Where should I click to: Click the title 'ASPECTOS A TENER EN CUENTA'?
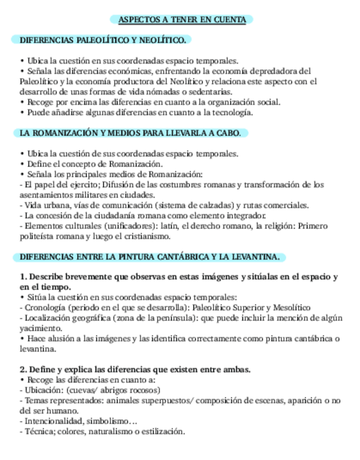182,20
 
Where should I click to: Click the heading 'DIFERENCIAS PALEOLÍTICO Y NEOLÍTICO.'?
102,40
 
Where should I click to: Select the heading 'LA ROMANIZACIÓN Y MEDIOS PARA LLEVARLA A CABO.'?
130,133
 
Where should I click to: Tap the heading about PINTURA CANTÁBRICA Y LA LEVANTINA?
150,256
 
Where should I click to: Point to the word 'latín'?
165,226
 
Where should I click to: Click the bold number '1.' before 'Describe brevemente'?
23,277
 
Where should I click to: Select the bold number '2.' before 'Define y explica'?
23,369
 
